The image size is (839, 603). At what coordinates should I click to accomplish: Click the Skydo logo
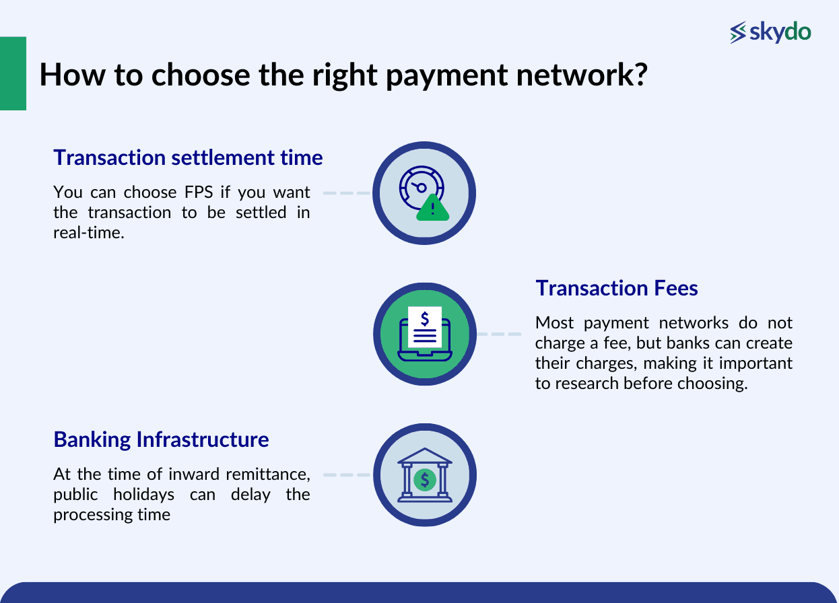pyautogui.click(x=770, y=32)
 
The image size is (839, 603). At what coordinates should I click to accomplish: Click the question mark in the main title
pyautogui.click(x=640, y=75)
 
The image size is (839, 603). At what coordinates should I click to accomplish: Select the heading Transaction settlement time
pyautogui.click(x=188, y=157)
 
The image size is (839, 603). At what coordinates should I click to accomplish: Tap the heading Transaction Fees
pyautogui.click(x=616, y=288)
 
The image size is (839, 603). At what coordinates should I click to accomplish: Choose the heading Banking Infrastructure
pyautogui.click(x=161, y=439)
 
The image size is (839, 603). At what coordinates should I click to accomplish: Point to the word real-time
pyautogui.click(x=89, y=233)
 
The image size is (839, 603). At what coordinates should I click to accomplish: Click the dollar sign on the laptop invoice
pyautogui.click(x=424, y=317)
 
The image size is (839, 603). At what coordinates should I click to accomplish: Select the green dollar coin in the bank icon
pyautogui.click(x=425, y=480)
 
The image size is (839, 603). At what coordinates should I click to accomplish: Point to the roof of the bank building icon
pyautogui.click(x=425, y=456)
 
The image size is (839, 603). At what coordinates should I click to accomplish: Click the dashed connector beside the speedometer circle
pyautogui.click(x=347, y=192)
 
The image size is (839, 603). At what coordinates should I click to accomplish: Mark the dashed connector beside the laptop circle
pyautogui.click(x=499, y=334)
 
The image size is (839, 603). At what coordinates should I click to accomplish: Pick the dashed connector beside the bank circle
pyautogui.click(x=347, y=474)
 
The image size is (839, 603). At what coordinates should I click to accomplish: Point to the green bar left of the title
pyautogui.click(x=13, y=73)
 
